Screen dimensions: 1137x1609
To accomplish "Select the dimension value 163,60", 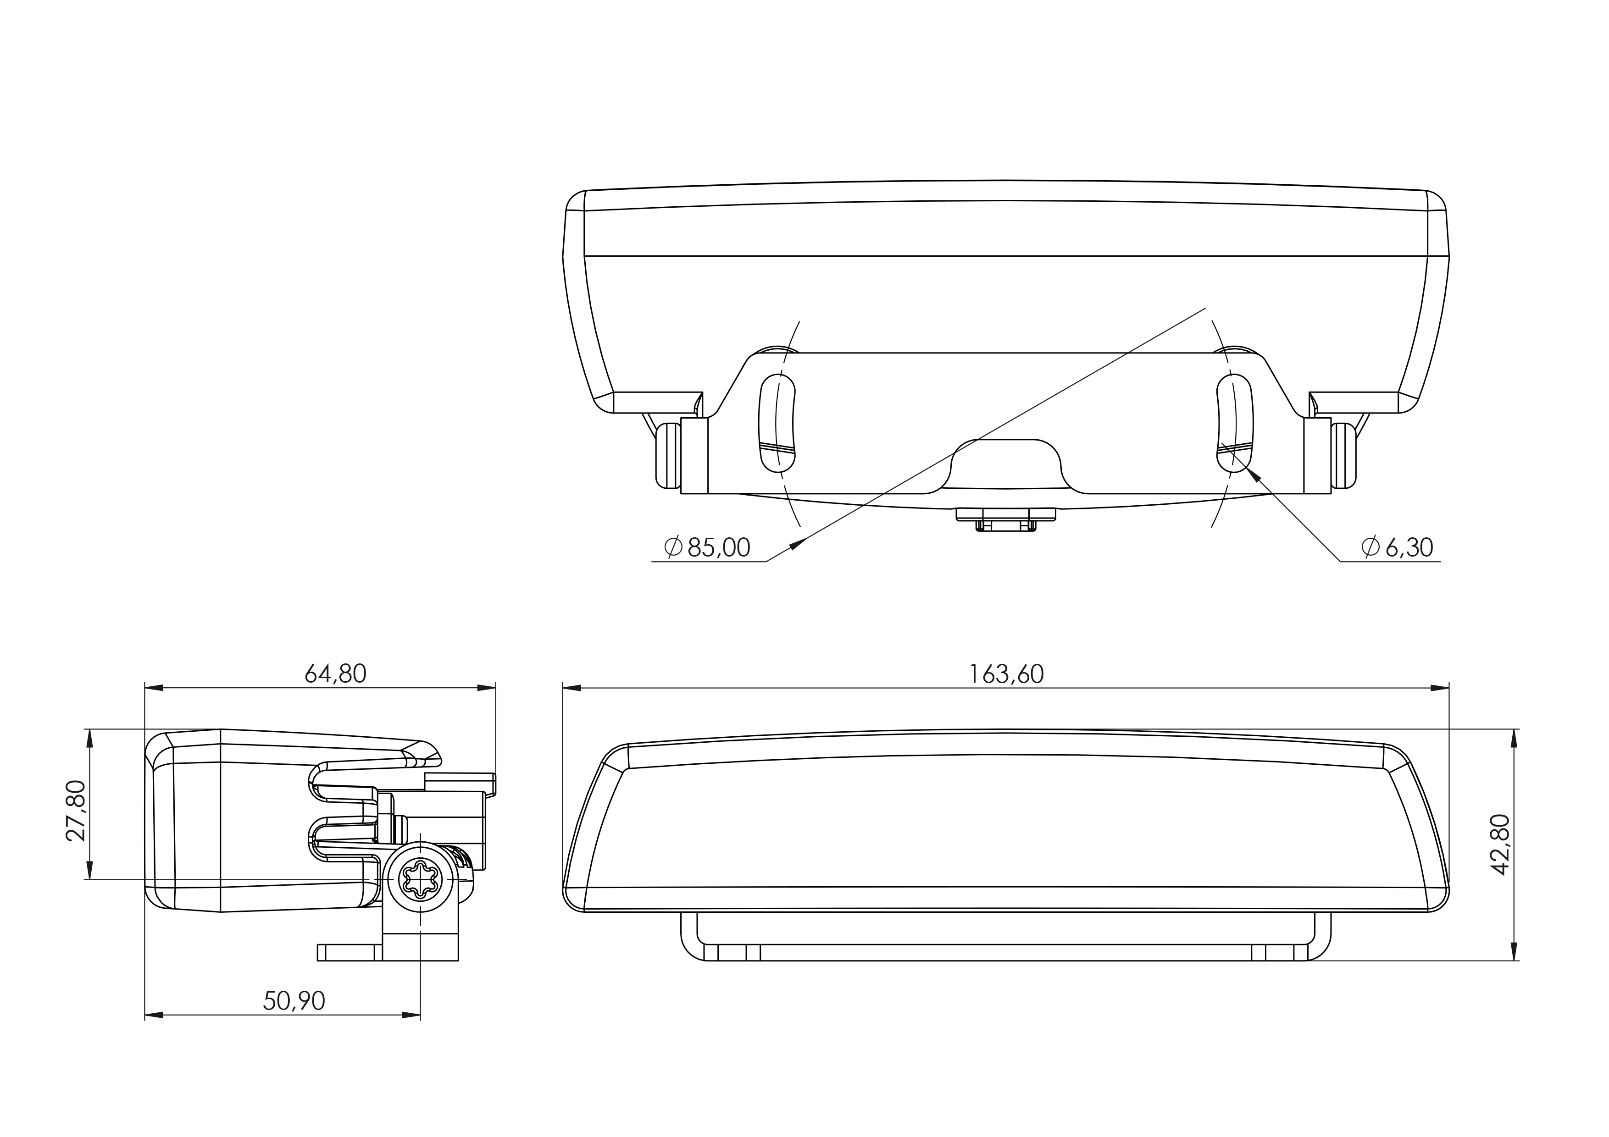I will click(x=1006, y=674).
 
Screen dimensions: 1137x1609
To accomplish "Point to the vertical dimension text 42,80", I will click(x=1500, y=844).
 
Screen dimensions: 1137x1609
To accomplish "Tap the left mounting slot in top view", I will click(x=777, y=423).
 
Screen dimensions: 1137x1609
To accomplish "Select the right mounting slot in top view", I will click(x=1235, y=423).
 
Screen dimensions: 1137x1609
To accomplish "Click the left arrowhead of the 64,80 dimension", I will click(x=154, y=688).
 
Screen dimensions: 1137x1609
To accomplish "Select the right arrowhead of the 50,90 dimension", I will click(x=411, y=1015).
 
